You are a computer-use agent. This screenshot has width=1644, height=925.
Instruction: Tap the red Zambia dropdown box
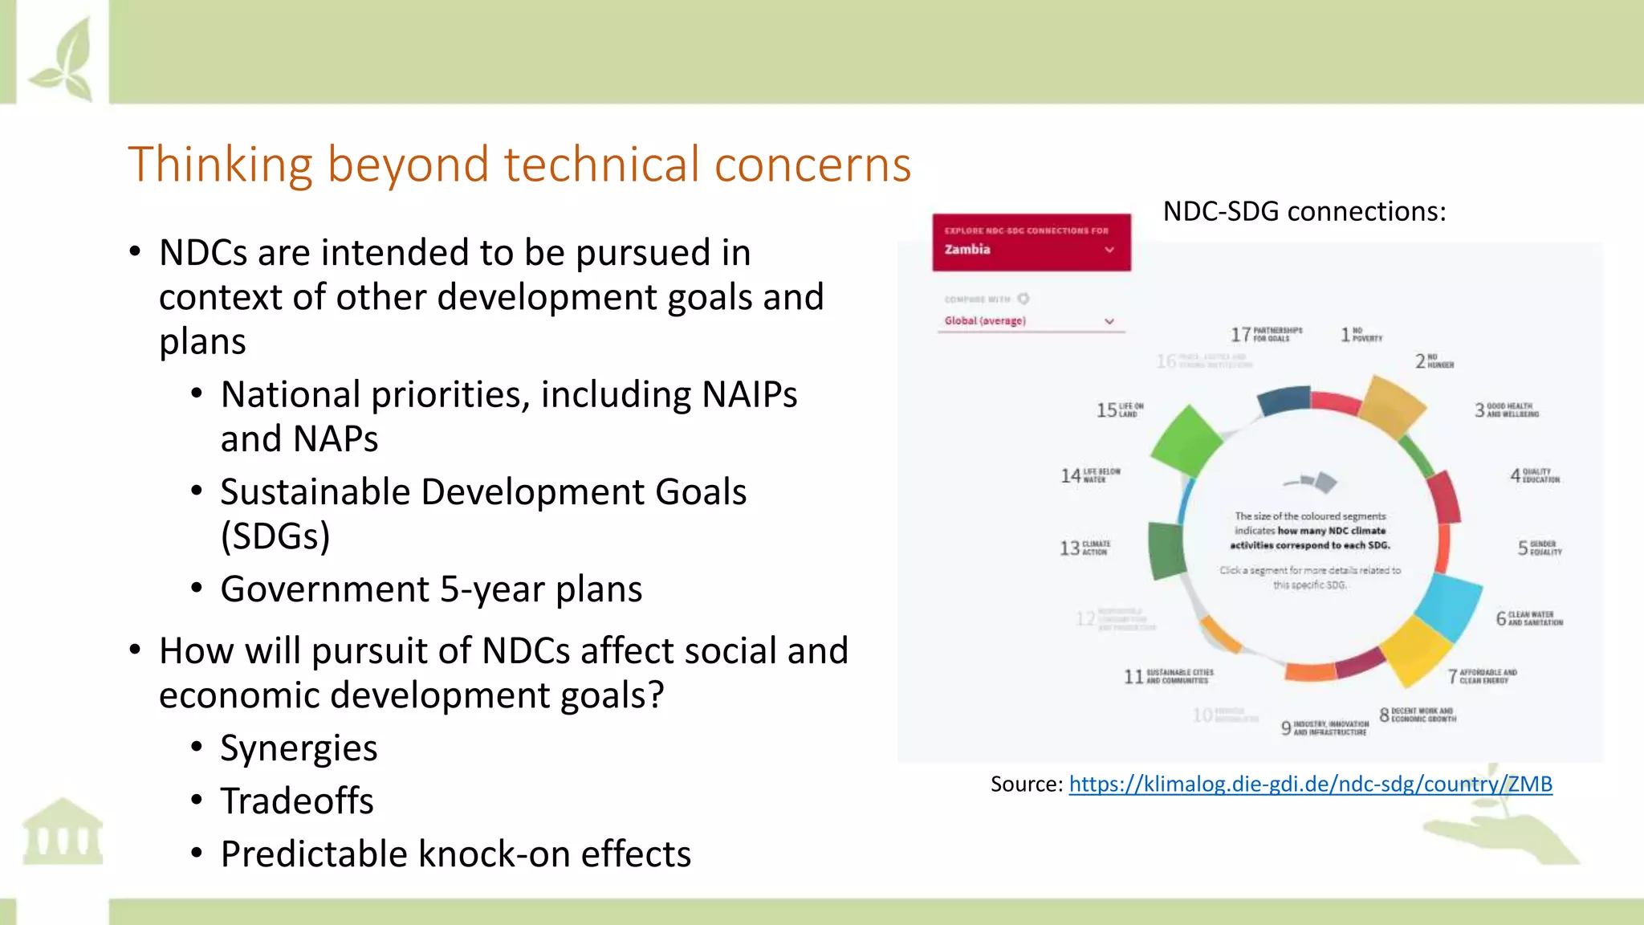click(x=1031, y=242)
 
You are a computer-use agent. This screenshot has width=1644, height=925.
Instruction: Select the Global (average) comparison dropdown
click(x=1030, y=320)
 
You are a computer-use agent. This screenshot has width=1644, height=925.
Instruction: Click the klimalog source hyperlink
click(x=1310, y=784)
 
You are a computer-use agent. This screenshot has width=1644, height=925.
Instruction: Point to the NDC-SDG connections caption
click(x=1304, y=211)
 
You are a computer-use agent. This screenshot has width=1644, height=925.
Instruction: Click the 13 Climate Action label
click(x=1085, y=548)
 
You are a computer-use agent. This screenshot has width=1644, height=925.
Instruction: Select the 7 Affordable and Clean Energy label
click(x=1482, y=676)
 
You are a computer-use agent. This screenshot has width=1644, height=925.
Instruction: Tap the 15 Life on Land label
click(x=1120, y=410)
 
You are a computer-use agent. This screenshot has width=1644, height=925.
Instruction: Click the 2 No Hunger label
click(x=1434, y=361)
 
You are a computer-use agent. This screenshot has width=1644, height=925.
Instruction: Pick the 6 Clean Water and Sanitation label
click(x=1528, y=618)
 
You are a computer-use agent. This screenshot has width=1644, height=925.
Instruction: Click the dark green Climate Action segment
click(x=1166, y=549)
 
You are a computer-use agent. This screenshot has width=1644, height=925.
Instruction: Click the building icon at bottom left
click(x=63, y=832)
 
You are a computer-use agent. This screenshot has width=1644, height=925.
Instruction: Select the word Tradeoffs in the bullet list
click(x=297, y=801)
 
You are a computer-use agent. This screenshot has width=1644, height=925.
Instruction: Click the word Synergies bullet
click(x=299, y=748)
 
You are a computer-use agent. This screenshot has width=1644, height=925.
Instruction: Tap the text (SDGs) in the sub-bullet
click(x=275, y=536)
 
